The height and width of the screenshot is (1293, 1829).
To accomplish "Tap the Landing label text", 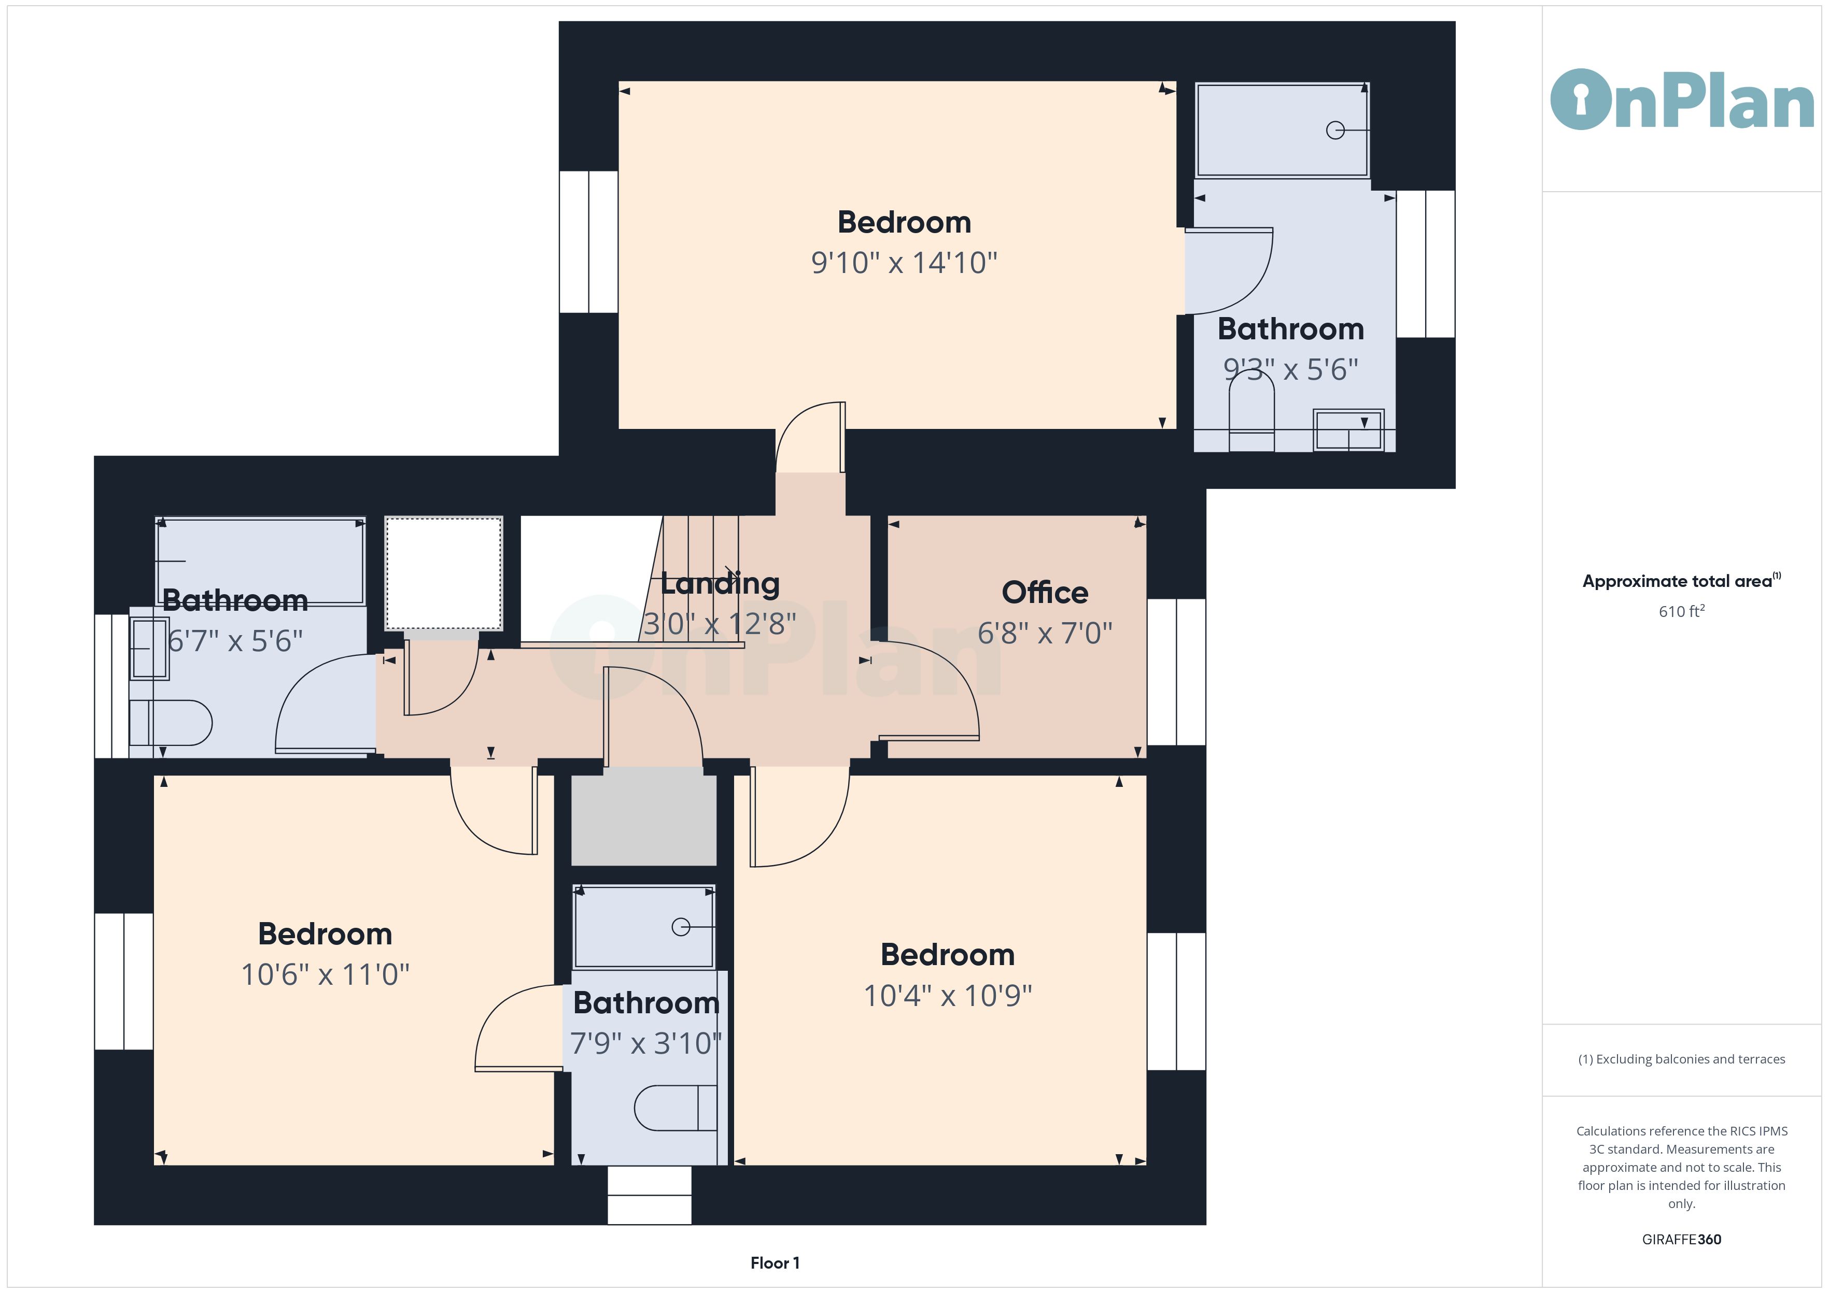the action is click(720, 584).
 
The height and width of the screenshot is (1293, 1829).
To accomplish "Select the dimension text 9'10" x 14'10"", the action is click(904, 262).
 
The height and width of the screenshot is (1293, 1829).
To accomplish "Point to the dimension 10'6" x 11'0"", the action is click(325, 974).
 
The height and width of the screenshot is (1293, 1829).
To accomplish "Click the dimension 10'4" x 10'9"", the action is click(948, 995).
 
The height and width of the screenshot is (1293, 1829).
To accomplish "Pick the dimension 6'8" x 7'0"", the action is click(1044, 633).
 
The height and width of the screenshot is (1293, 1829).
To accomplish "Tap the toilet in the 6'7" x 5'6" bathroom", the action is click(171, 723).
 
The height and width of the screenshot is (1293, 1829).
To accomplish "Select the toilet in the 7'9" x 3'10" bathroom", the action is click(676, 1108).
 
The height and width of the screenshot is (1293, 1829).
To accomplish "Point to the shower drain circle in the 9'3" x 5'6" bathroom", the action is click(1335, 131).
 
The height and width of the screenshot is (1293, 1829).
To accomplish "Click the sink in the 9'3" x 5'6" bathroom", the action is click(1348, 430).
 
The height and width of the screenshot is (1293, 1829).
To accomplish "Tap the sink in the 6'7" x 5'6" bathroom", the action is click(150, 648).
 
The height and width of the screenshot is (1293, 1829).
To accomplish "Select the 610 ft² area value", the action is click(1682, 611).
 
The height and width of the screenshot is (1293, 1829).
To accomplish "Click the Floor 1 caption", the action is click(775, 1263).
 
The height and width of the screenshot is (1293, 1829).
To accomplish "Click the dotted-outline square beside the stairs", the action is click(444, 573).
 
